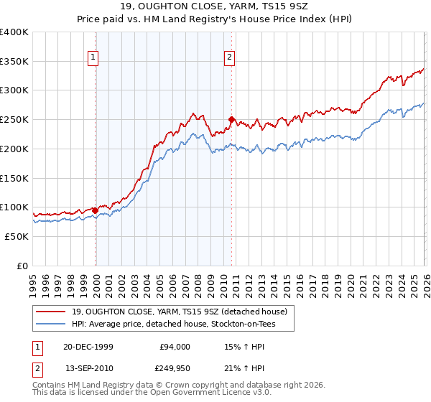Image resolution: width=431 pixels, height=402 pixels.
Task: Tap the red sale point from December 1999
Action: [x=96, y=210]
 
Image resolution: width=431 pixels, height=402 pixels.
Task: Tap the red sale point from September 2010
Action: [x=231, y=119]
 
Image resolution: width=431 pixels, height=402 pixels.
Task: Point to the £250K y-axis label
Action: [x=14, y=119]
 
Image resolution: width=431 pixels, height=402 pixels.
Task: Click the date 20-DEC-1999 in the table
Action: [x=88, y=347]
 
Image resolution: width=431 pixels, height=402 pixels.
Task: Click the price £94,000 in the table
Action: [x=174, y=347]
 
